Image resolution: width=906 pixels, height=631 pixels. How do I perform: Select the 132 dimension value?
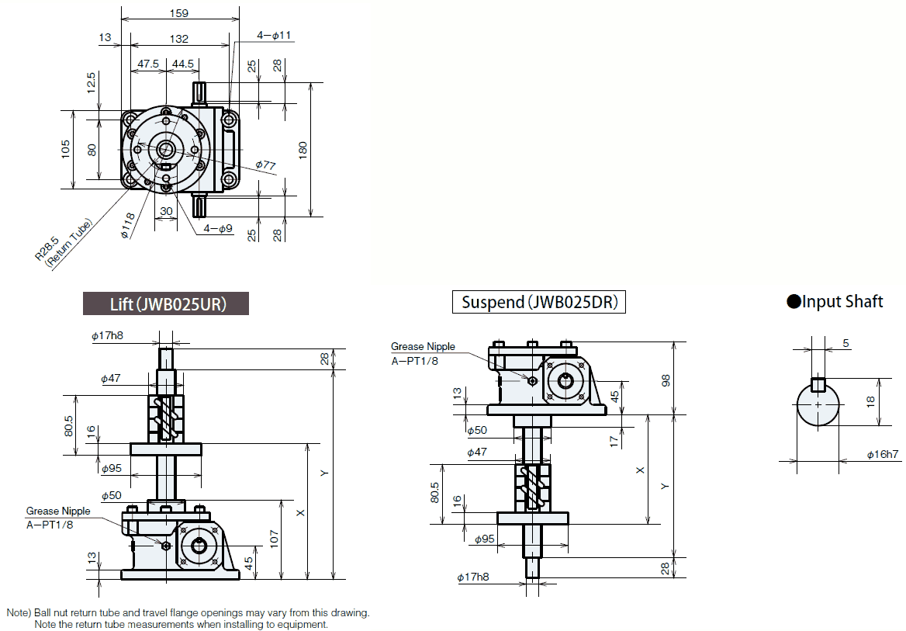pyautogui.click(x=178, y=38)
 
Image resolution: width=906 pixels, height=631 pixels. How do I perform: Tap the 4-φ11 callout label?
pyautogui.click(x=274, y=35)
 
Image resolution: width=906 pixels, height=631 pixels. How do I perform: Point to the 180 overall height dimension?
pyautogui.click(x=303, y=147)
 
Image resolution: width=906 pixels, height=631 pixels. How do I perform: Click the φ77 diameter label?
pyautogui.click(x=265, y=165)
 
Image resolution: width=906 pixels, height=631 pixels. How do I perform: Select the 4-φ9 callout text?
pyautogui.click(x=218, y=229)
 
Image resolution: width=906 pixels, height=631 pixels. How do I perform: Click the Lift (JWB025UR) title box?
pyautogui.click(x=166, y=303)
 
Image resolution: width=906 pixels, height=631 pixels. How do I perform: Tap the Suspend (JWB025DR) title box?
pyautogui.click(x=539, y=302)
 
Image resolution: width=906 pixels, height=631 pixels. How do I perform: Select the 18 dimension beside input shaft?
pyautogui.click(x=871, y=401)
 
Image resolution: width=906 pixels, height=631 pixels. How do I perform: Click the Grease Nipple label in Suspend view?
pyautogui.click(x=423, y=347)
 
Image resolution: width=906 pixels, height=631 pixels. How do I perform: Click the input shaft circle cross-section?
pyautogui.click(x=818, y=405)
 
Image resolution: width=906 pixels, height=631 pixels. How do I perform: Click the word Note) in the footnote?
pyautogui.click(x=20, y=612)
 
